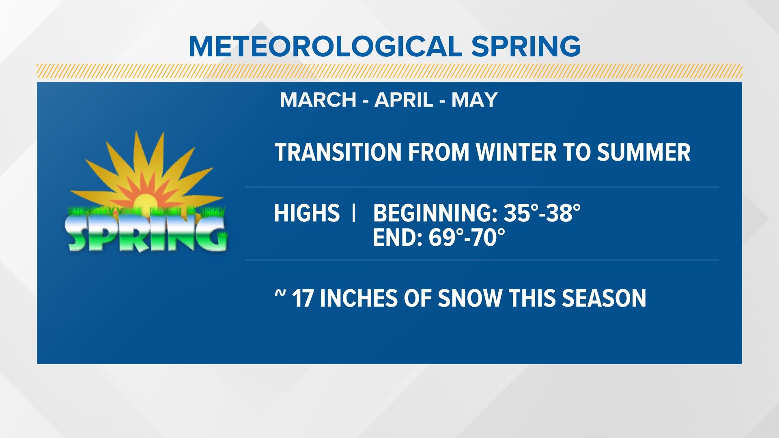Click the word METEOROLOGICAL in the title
(x=325, y=46)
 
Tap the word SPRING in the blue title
(x=526, y=46)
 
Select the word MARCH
(x=318, y=100)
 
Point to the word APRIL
(x=404, y=100)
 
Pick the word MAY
(x=474, y=100)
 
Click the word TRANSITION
(x=338, y=152)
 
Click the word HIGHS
(x=307, y=213)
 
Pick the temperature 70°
(x=488, y=238)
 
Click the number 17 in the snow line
(x=302, y=298)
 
